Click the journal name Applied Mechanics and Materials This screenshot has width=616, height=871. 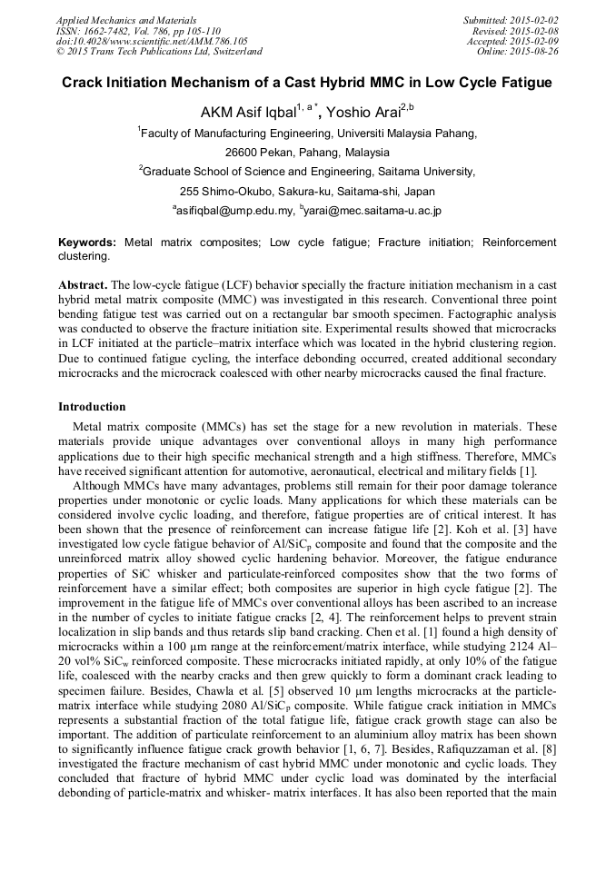(x=126, y=20)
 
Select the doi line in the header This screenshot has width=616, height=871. (x=152, y=41)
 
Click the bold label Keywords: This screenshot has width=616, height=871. (x=87, y=242)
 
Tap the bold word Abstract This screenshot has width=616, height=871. (x=83, y=285)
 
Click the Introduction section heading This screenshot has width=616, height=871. (x=92, y=406)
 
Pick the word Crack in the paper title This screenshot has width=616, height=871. (x=83, y=83)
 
